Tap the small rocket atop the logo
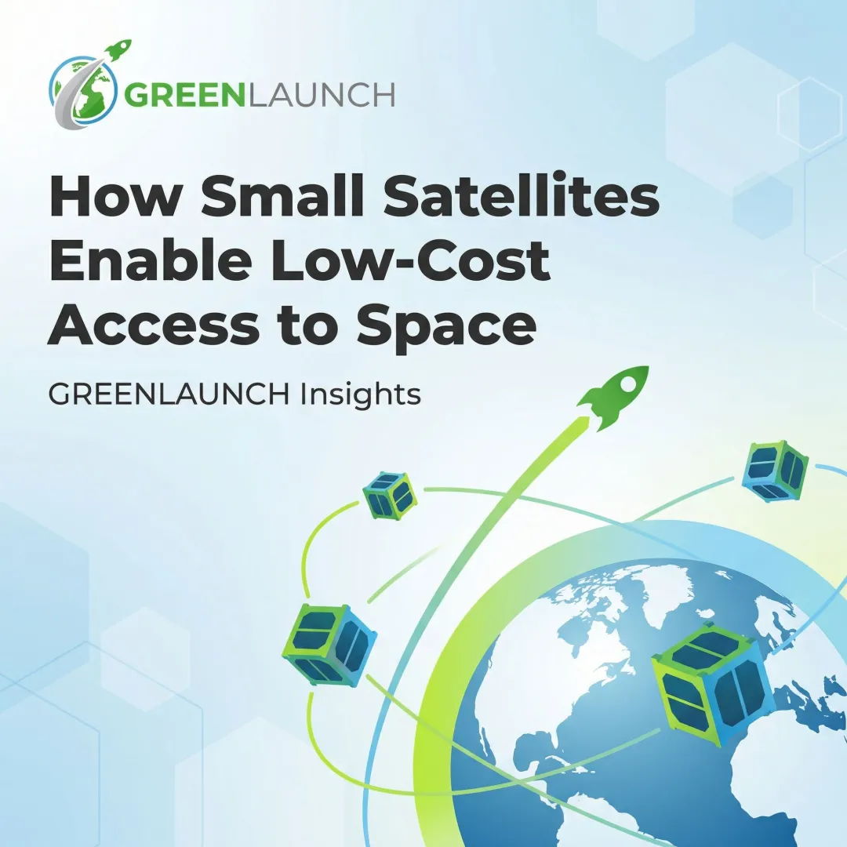click(117, 50)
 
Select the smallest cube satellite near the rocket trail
click(390, 495)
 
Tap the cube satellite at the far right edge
click(774, 471)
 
